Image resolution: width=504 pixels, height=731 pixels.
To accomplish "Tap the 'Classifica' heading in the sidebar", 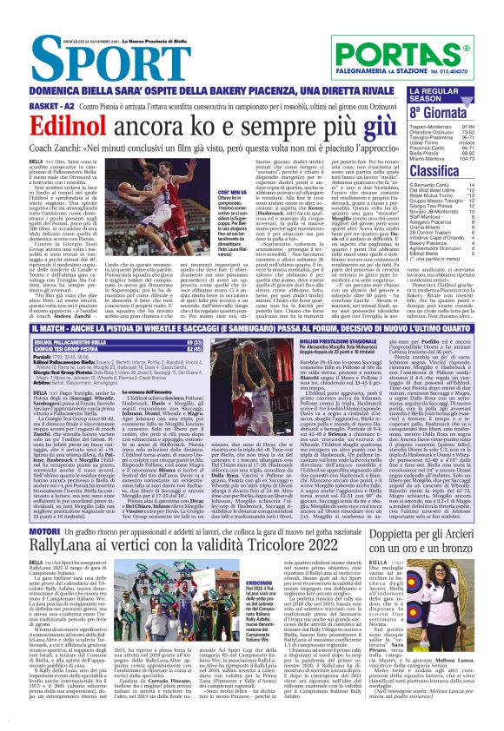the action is click(434, 172).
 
